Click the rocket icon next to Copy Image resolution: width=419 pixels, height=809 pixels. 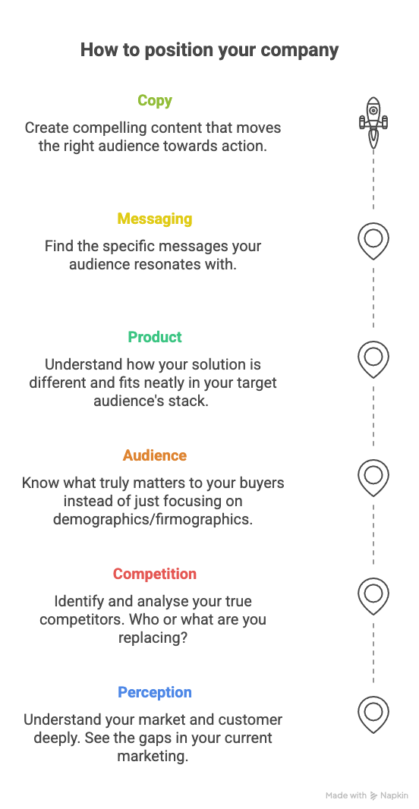click(x=373, y=123)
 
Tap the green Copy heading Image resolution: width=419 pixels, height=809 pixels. click(x=155, y=100)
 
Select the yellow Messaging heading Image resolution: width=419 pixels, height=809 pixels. click(x=155, y=219)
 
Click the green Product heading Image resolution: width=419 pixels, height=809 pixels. click(x=155, y=337)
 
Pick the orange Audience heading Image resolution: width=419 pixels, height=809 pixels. click(x=155, y=455)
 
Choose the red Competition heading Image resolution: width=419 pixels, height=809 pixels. click(x=155, y=574)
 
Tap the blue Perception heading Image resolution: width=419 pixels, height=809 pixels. click(x=155, y=692)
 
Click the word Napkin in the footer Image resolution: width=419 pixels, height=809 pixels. click(x=394, y=795)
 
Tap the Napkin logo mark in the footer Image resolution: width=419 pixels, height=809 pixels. click(x=374, y=795)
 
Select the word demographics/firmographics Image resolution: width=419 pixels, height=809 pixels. click(x=153, y=519)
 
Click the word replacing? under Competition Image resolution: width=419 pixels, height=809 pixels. click(x=153, y=637)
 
